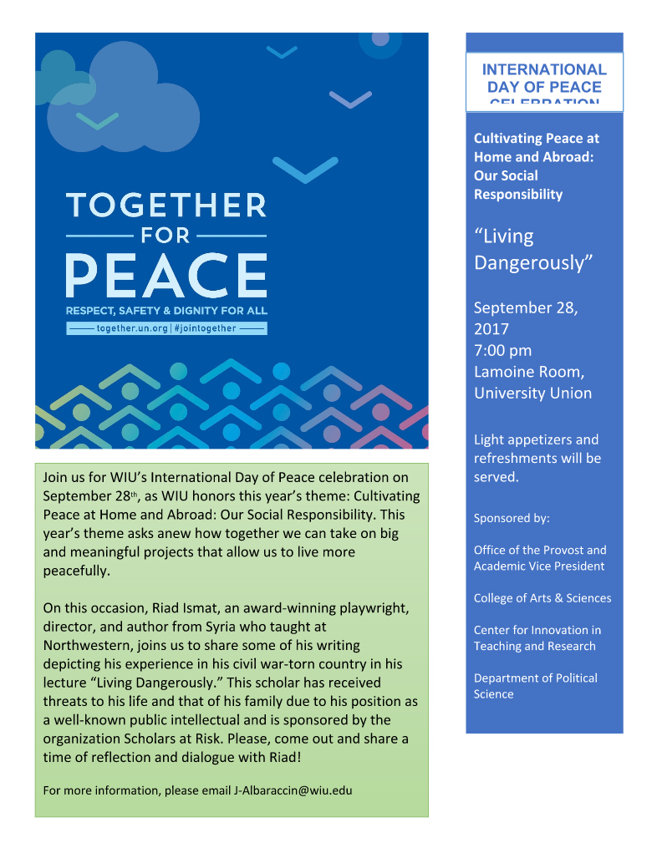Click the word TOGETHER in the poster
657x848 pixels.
[166, 205]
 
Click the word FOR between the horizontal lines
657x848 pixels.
[166, 236]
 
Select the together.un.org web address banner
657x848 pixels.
[166, 328]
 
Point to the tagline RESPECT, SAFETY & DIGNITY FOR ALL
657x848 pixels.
[166, 311]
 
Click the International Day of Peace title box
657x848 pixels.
[543, 82]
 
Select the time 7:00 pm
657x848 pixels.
[502, 350]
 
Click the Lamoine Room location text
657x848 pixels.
[532, 382]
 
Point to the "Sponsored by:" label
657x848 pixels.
[512, 518]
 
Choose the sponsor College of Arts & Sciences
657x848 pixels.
[542, 598]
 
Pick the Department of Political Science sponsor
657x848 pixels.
[535, 686]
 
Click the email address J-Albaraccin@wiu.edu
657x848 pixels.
[293, 790]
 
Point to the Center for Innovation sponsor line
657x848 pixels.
[537, 637]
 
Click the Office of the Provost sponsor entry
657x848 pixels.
[539, 558]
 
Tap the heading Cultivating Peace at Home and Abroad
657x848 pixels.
[536, 166]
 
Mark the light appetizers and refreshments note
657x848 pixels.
[537, 458]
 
